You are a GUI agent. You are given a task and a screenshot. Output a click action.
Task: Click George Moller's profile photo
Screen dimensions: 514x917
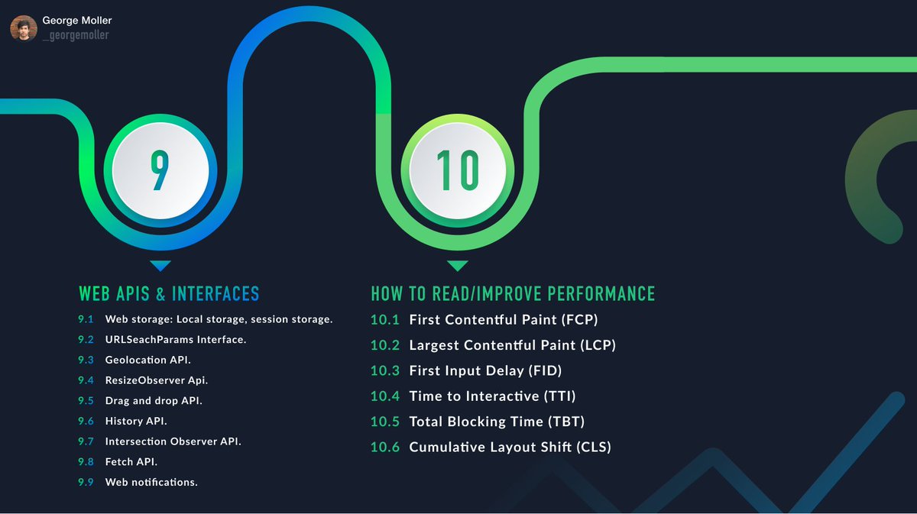23,28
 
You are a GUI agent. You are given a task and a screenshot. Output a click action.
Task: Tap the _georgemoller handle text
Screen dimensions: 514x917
76,35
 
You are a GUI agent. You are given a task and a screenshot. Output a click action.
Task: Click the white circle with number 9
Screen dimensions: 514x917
159,170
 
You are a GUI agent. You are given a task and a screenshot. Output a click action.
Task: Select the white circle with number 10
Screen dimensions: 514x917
457,170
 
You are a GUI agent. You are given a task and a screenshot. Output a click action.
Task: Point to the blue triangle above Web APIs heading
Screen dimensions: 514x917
160,266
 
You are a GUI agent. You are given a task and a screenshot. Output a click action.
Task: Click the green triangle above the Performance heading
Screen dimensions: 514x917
457,266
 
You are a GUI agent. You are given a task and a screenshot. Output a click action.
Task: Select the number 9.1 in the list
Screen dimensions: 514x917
85,319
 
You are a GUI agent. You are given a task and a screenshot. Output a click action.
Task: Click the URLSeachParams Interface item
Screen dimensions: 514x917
176,339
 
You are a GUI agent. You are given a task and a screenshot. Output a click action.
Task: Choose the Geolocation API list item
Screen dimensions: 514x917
148,360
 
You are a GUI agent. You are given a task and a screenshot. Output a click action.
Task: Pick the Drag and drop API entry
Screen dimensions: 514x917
154,400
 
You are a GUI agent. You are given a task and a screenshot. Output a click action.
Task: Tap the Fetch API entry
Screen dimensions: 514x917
131,461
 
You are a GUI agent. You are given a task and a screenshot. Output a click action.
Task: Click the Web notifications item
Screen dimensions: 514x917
151,482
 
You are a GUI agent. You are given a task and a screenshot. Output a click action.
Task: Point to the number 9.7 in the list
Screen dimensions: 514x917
85,441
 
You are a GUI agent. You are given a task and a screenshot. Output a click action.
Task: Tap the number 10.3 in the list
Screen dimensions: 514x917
385,370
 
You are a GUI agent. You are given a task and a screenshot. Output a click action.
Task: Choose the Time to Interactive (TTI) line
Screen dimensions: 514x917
492,396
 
